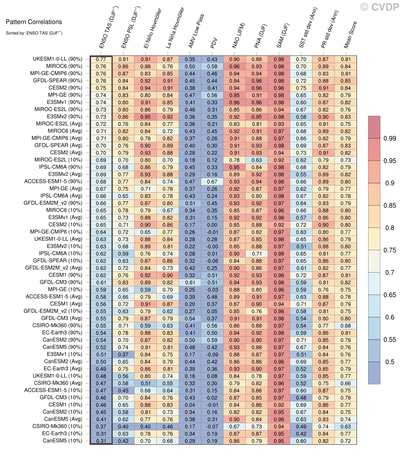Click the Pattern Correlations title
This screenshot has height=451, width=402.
[34, 22]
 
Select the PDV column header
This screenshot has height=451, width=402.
[214, 43]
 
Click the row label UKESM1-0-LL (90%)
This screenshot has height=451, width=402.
[57, 59]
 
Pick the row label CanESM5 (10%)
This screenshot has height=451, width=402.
[62, 441]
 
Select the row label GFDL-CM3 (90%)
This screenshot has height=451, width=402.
[61, 282]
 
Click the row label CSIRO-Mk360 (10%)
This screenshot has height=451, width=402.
[57, 426]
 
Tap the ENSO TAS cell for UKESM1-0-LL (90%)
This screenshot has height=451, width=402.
[101, 59]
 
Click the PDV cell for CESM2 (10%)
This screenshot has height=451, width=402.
[212, 225]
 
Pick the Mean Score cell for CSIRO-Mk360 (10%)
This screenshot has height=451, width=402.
[346, 427]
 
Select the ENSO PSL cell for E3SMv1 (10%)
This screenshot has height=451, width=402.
[123, 355]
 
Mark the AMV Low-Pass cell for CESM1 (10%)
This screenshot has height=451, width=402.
[190, 405]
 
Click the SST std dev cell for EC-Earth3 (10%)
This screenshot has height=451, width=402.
[301, 434]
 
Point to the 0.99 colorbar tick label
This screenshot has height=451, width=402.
[390, 138]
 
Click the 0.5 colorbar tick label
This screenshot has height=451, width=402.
[390, 362]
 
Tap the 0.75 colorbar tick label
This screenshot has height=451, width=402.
[390, 250]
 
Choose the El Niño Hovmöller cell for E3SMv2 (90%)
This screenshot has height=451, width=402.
[146, 117]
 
